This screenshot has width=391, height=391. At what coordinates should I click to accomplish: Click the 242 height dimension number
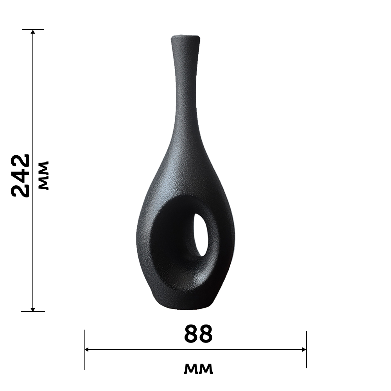pos(20,176)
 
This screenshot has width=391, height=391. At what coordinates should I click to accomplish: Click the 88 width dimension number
pos(198,334)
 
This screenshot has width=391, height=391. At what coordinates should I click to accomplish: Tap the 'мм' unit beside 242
pos(44,176)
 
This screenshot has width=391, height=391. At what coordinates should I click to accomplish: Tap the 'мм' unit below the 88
pos(198,369)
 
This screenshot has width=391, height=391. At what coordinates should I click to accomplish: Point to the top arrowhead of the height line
pos(33,31)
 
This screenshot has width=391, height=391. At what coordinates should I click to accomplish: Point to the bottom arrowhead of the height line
pos(33,309)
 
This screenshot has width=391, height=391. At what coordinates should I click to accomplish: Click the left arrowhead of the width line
pos(87,350)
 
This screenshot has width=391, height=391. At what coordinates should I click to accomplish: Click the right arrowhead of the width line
pos(304,350)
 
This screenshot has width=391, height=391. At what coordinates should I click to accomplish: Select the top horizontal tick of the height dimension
pos(33,29)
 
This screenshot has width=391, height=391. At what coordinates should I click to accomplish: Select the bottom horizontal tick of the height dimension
pos(33,312)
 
